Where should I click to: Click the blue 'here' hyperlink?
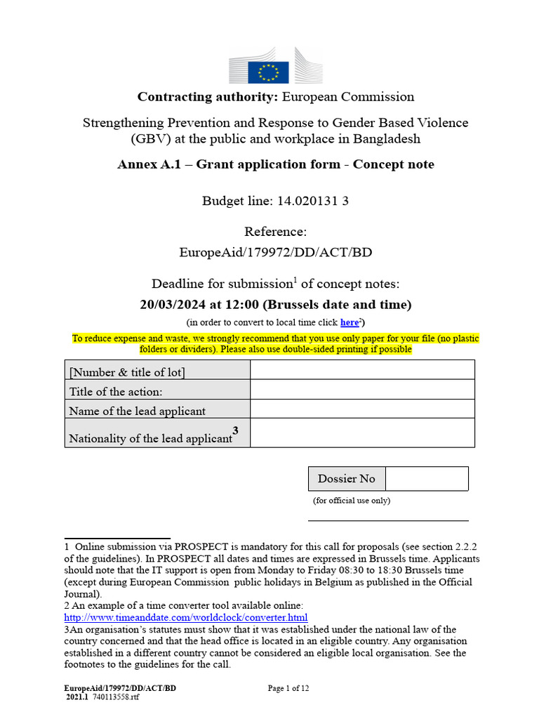[349, 322]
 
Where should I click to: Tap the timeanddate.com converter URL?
[185, 618]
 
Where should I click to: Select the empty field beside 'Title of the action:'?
[362, 389]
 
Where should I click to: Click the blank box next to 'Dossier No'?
[427, 479]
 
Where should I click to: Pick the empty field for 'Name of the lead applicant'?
[362, 409]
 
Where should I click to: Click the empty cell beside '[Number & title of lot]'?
[362, 369]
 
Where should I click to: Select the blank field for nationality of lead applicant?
[362, 433]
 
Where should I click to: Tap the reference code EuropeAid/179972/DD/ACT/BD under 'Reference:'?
[276, 253]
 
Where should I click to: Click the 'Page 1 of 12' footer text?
[288, 689]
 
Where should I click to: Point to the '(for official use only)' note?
[352, 501]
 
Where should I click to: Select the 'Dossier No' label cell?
[347, 479]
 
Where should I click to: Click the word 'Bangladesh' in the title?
[390, 138]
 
